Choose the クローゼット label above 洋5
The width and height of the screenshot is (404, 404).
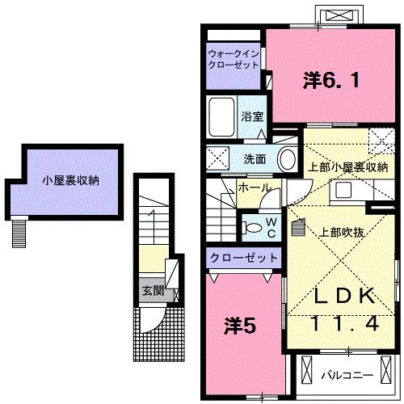click(243, 258)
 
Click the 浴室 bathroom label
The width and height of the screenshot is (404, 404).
click(251, 116)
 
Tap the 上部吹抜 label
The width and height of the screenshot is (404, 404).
click(340, 230)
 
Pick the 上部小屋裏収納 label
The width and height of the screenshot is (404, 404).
click(348, 167)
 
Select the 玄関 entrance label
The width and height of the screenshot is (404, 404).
click(152, 289)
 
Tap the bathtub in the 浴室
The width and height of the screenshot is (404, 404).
click(221, 116)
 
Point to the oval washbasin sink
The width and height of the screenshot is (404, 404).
click(287, 159)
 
